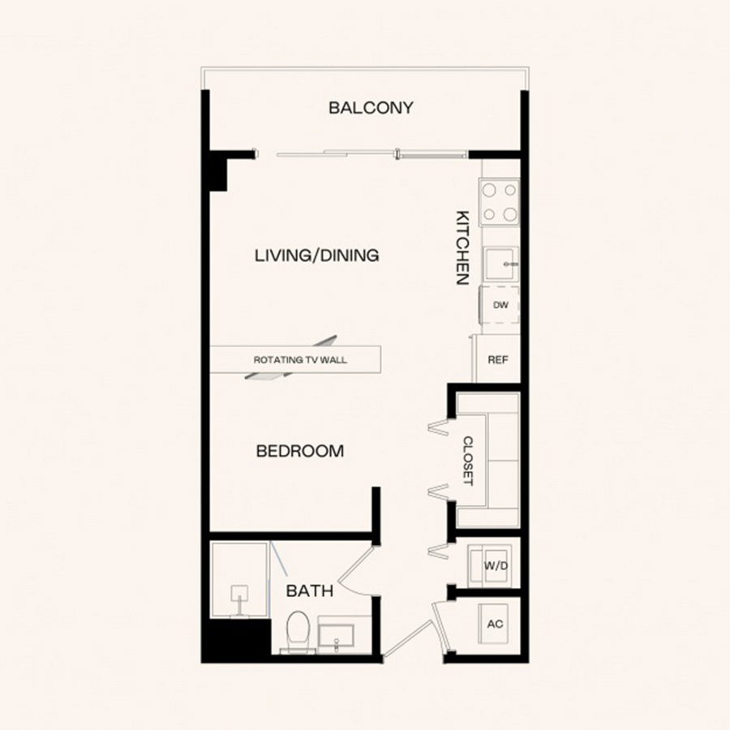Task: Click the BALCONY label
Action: pos(371,108)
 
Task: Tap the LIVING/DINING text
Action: pos(316,255)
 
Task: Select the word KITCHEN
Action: pos(462,247)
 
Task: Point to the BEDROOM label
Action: pos(300,451)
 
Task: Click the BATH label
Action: pos(310,590)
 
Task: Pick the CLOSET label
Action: pos(468,461)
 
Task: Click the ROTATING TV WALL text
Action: pos(300,360)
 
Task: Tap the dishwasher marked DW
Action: pos(500,305)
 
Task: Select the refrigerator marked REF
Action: pos(496,359)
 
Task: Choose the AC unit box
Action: pos(494,624)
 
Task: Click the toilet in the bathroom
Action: pos(298,632)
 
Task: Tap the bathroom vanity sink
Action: pos(336,635)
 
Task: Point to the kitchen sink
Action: pos(501,264)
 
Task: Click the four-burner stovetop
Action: pos(499,202)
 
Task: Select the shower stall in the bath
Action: pos(240,579)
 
